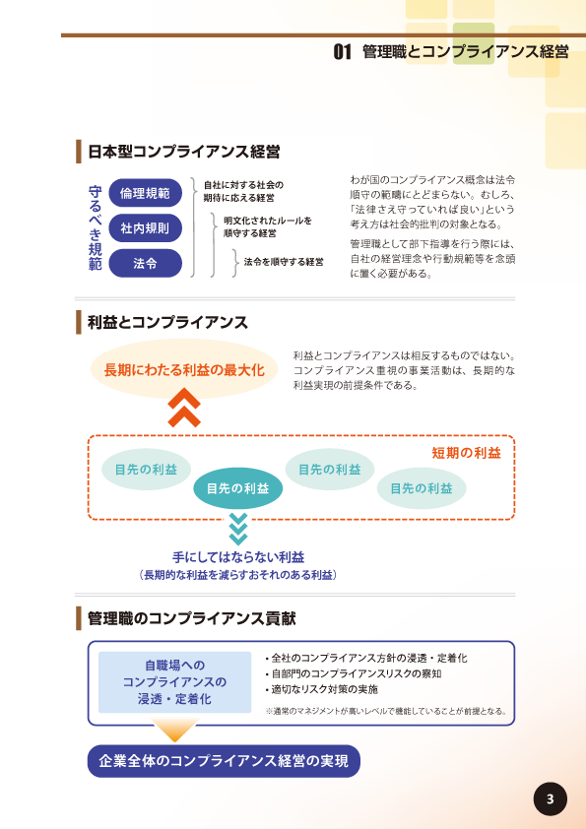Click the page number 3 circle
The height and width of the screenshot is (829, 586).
click(x=550, y=798)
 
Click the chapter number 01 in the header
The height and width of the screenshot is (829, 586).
click(x=342, y=52)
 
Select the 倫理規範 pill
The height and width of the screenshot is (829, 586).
click(x=146, y=193)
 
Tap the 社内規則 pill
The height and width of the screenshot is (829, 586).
click(x=146, y=227)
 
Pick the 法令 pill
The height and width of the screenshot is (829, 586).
click(x=146, y=263)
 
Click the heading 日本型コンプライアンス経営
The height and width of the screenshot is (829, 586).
click(x=184, y=152)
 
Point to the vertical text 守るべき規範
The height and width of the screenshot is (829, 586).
click(x=96, y=227)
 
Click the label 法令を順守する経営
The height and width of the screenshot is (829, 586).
click(x=284, y=262)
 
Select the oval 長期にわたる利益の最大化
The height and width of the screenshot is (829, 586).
click(x=184, y=369)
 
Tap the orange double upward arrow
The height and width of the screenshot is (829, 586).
click(x=184, y=408)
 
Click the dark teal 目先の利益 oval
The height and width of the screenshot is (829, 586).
click(x=238, y=488)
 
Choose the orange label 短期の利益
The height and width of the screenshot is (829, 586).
click(x=466, y=453)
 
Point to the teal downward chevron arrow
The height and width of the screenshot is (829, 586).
click(x=238, y=529)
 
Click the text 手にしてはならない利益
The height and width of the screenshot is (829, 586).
click(x=238, y=556)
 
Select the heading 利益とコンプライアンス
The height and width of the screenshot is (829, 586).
click(x=167, y=323)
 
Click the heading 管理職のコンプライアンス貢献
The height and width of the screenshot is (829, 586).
click(x=191, y=618)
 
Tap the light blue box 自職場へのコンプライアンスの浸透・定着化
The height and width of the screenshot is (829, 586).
click(x=174, y=682)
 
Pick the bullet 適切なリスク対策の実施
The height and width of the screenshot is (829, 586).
click(x=322, y=689)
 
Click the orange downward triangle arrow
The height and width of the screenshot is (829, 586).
click(x=174, y=730)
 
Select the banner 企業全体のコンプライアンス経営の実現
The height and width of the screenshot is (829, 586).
click(x=224, y=761)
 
